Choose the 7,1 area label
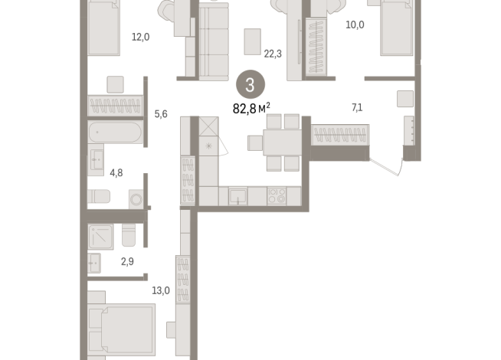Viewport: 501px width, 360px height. [357, 107]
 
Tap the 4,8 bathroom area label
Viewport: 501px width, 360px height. [116, 172]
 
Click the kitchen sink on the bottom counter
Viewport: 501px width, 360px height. [238, 196]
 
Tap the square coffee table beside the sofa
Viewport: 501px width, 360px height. [252, 41]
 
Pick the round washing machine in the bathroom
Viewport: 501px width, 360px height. [136, 199]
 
